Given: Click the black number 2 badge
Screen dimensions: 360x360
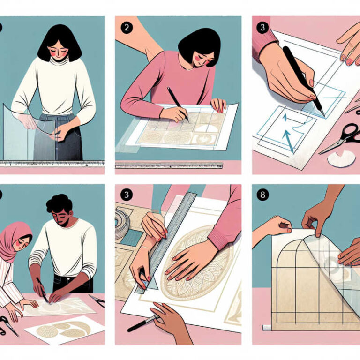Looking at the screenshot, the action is [127, 28].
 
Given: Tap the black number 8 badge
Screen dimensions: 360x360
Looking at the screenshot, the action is [263, 195].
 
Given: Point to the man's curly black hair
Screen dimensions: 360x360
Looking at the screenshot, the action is [59, 204].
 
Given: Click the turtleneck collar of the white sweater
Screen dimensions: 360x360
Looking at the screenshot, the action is [59, 60].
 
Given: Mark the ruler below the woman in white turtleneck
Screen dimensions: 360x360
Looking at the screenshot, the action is [52, 164].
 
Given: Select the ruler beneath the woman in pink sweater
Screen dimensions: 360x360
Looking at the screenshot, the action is [169, 165].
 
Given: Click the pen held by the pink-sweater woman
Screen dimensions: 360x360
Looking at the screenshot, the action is [178, 105].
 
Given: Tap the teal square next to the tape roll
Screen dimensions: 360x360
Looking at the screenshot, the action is [132, 238].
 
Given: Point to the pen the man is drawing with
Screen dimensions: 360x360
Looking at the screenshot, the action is [42, 290].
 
